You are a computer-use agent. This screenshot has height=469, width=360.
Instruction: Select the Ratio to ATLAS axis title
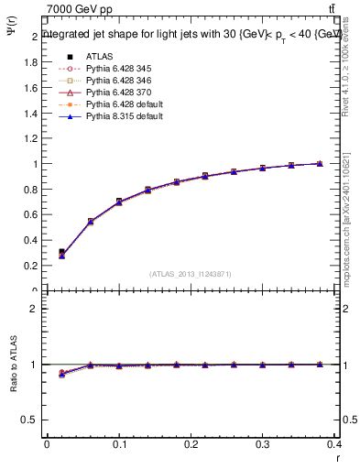point(13,366)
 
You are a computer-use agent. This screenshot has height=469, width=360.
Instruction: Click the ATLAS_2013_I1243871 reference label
point(191,274)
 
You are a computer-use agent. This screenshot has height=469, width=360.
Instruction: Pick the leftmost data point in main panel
point(61,253)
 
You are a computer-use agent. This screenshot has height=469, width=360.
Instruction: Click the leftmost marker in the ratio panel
point(61,374)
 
